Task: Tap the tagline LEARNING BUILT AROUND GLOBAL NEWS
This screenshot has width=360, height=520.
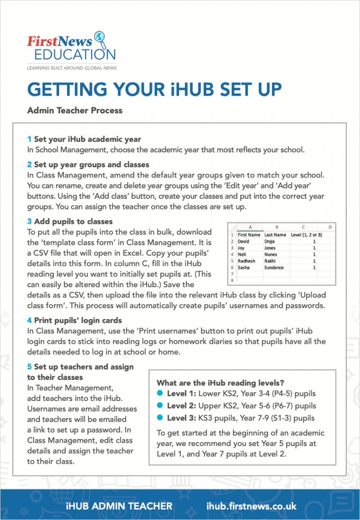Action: point(72,68)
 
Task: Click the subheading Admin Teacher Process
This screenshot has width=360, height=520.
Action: point(75,111)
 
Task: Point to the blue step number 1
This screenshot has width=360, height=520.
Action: point(29,139)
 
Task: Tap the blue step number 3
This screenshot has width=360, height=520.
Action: point(29,221)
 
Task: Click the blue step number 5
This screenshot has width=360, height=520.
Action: point(29,367)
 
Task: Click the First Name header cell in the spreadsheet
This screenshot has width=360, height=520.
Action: point(248,235)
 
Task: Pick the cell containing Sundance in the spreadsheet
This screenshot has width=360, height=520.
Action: point(274,267)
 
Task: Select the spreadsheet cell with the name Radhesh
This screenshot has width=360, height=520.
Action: point(247,261)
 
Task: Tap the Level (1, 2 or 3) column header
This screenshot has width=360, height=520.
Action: point(306,235)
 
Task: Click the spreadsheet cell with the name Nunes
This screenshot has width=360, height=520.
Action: point(271,254)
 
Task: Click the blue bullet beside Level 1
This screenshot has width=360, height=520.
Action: point(160,393)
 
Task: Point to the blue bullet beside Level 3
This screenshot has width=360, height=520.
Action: point(160,417)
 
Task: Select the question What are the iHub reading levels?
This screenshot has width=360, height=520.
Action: point(221,383)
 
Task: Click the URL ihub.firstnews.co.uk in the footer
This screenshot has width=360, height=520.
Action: point(251,506)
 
